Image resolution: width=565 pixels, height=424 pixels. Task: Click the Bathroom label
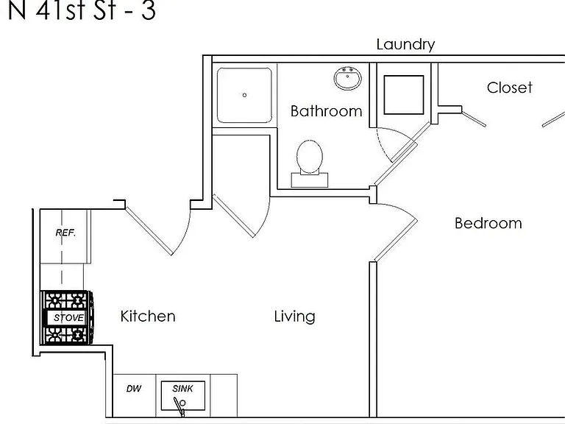326,111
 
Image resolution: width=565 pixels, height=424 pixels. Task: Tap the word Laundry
406,45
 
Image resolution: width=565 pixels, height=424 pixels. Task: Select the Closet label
510,88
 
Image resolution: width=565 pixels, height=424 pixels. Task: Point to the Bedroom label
488,223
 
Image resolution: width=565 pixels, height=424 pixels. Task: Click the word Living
295,317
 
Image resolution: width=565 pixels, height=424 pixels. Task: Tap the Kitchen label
148,317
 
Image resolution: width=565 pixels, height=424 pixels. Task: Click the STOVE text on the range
68,318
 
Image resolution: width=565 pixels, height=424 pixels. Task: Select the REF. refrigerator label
65,233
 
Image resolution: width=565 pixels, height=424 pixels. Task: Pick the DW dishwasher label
134,389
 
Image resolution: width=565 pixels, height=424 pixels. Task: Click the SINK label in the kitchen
182,389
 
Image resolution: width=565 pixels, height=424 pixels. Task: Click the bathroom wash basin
347,78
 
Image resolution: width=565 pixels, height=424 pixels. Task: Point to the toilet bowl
310,157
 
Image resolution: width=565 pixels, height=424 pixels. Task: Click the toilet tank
310,180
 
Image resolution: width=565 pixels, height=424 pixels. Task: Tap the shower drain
245,95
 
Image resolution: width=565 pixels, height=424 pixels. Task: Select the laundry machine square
404,95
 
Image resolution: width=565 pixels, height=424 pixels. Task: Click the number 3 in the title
148,10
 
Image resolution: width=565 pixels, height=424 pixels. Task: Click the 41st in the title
60,10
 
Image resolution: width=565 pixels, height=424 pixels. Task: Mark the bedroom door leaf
396,240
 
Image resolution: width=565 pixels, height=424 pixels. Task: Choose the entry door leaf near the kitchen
149,232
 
